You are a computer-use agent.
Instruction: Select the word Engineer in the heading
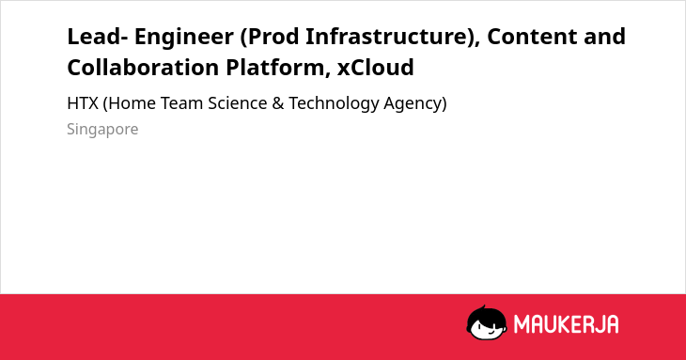(x=184, y=38)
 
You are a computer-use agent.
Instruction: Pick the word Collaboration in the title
(x=143, y=68)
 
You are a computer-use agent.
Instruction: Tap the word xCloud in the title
(x=375, y=68)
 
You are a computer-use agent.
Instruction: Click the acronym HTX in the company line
(x=83, y=103)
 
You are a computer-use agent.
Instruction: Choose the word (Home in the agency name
(x=129, y=103)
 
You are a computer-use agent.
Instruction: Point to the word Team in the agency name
(x=182, y=103)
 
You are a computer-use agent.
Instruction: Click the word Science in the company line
(x=238, y=103)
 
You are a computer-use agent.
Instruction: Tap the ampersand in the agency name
(x=278, y=103)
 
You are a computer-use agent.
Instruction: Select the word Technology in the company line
(x=334, y=104)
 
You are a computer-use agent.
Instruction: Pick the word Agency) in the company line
(x=415, y=104)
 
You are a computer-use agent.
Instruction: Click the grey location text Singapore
(x=102, y=130)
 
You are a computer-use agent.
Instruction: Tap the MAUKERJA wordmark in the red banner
(x=566, y=324)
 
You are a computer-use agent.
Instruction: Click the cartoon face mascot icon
(x=487, y=322)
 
